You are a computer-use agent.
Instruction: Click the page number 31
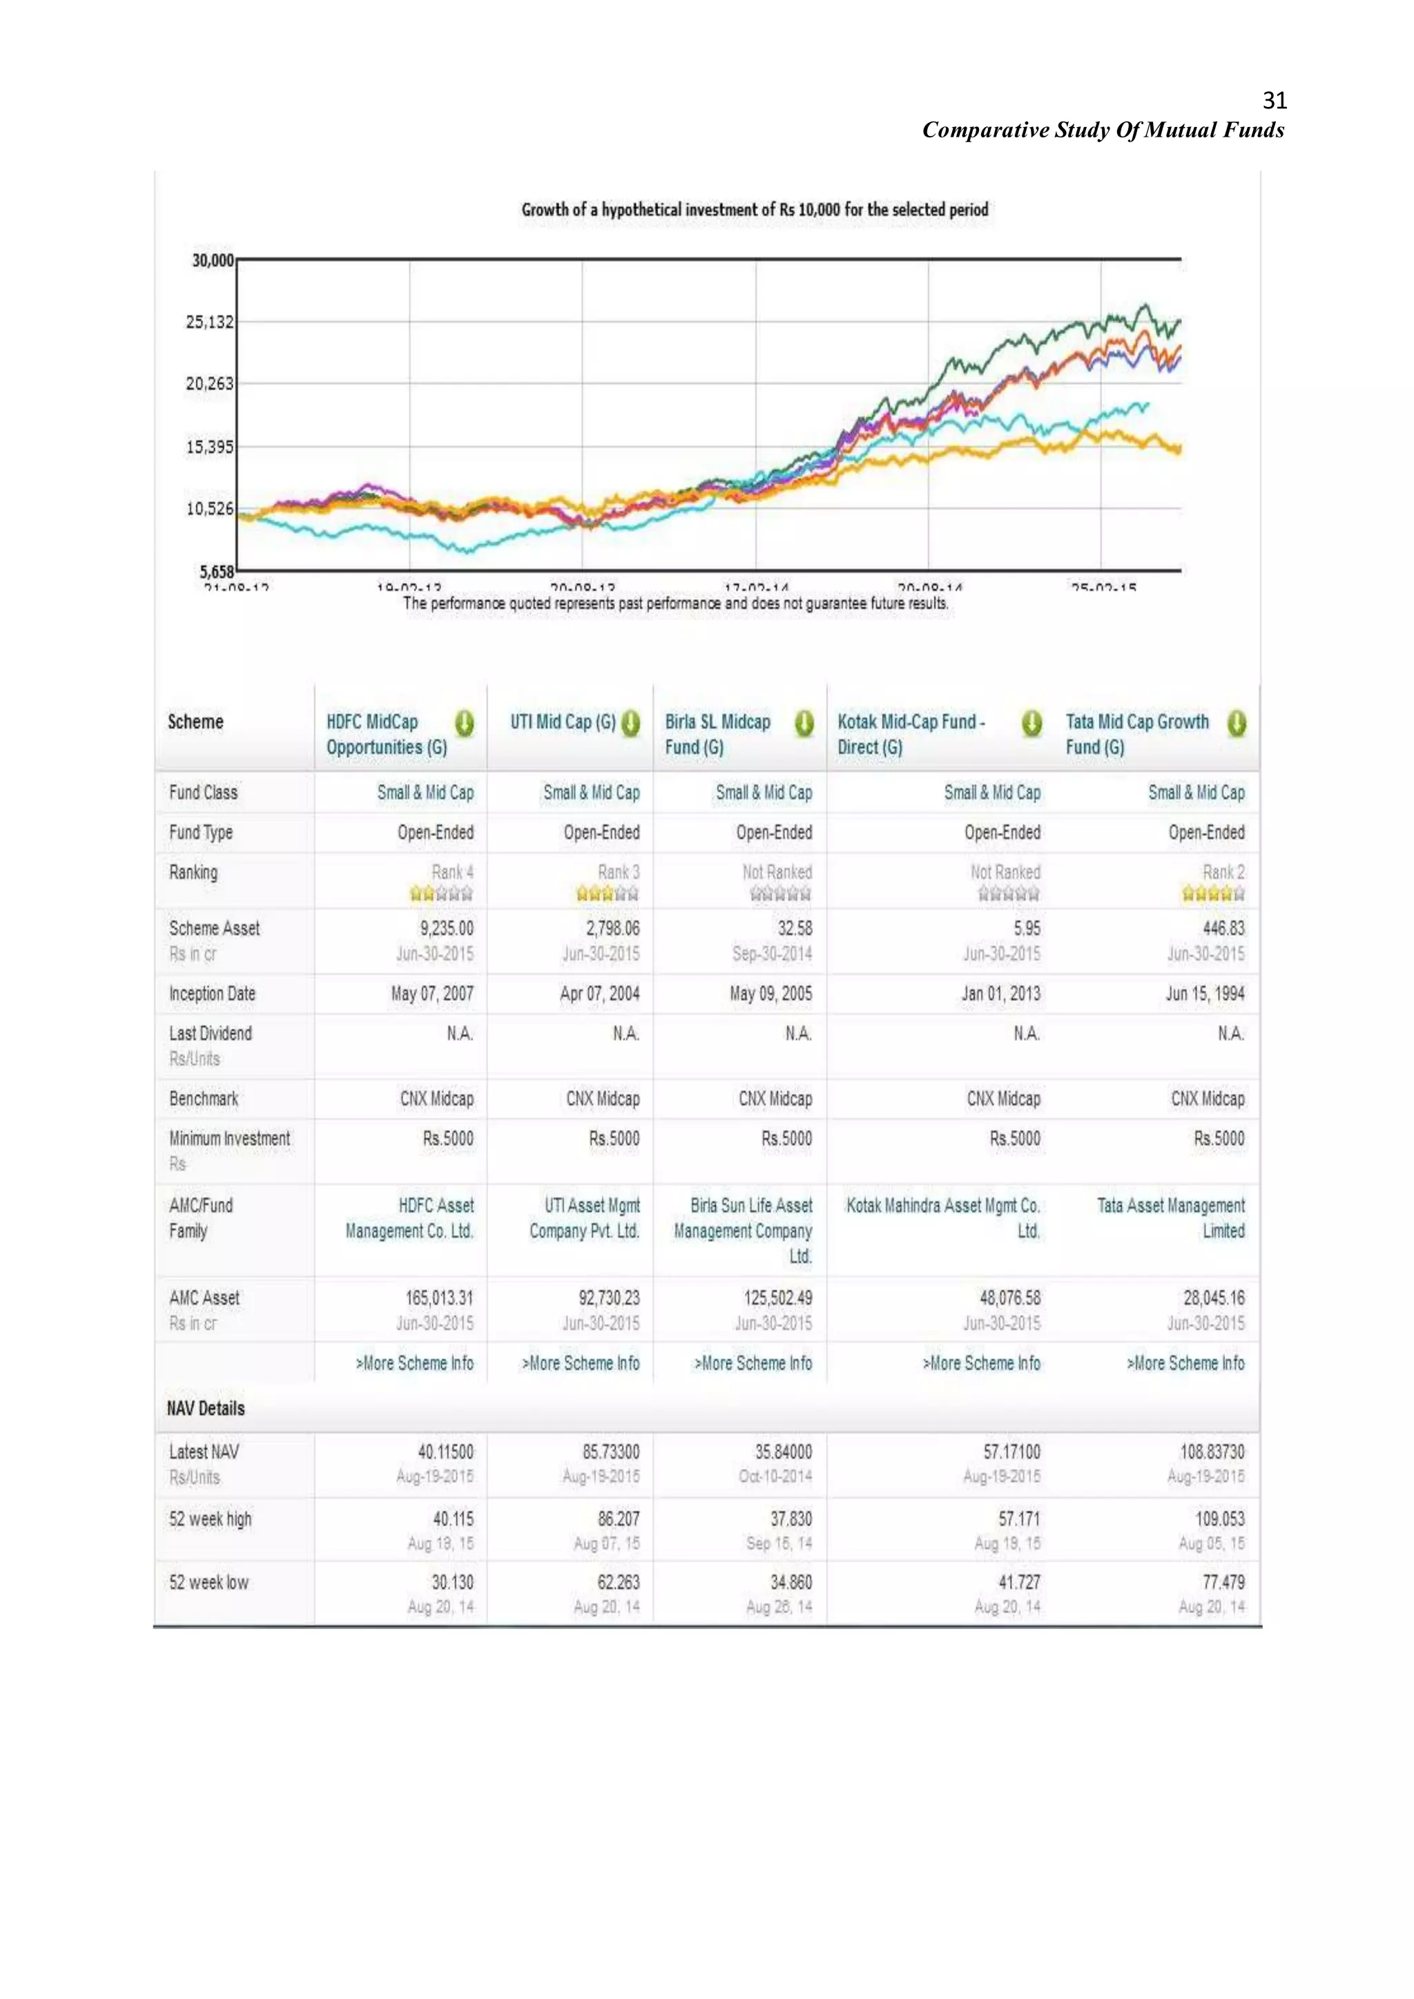point(1274,101)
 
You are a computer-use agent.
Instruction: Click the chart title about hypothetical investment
point(754,210)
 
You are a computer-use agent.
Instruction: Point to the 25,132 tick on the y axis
point(210,322)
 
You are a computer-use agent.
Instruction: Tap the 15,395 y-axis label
point(210,447)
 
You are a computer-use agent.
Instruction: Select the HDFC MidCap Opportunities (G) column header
point(387,734)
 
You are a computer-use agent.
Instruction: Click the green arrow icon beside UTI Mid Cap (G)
point(630,723)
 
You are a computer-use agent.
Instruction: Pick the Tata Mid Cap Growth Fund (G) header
point(1136,734)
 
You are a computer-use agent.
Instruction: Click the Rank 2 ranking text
point(1223,872)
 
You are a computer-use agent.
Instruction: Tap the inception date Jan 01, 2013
point(1000,993)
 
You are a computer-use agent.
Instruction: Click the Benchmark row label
point(204,1099)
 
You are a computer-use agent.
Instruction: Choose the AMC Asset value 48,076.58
point(1009,1297)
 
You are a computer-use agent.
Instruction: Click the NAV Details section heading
point(206,1408)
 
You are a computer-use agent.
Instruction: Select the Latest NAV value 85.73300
point(610,1452)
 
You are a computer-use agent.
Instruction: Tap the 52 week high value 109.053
point(1219,1519)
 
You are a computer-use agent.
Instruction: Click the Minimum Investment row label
point(230,1138)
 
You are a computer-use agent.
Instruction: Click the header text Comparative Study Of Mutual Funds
point(1103,130)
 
